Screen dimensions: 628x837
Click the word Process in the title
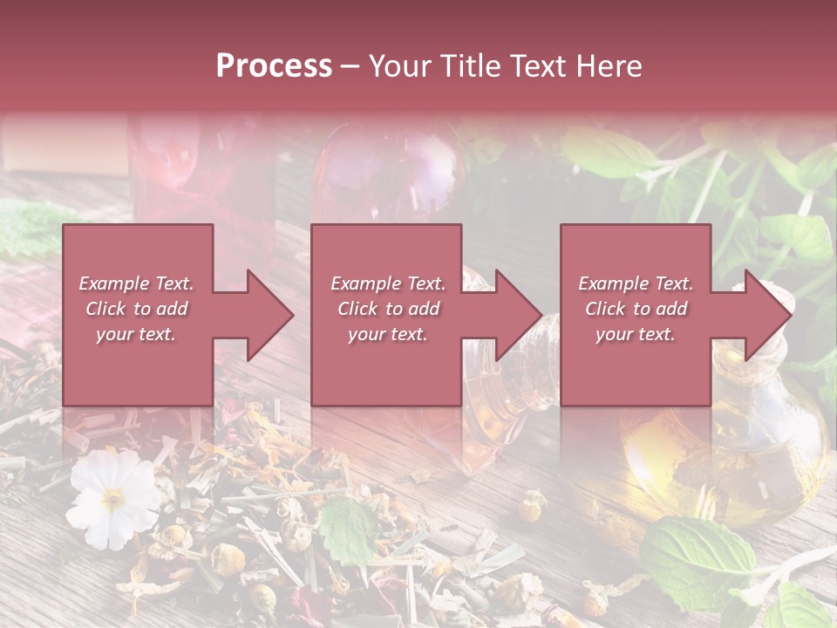pos(274,65)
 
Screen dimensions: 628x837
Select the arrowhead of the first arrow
pos(270,315)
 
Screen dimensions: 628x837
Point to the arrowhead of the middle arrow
pos(519,315)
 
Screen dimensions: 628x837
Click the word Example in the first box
pos(113,283)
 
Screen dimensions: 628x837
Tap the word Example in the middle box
pos(365,283)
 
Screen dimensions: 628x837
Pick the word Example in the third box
pos(613,283)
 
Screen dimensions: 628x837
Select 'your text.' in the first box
pos(136,334)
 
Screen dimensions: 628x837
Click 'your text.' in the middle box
pos(387,334)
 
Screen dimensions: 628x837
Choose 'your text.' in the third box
pos(635,334)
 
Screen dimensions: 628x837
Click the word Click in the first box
pos(105,309)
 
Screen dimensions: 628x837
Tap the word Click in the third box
pos(605,309)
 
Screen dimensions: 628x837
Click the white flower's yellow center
pos(114,499)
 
